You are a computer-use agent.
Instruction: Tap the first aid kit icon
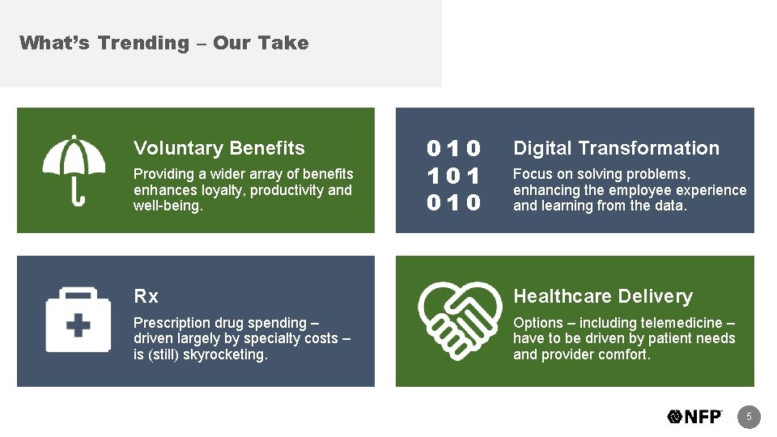pyautogui.click(x=78, y=320)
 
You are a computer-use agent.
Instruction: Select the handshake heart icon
pyautogui.click(x=453, y=320)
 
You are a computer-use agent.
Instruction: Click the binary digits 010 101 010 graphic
pyautogui.click(x=454, y=175)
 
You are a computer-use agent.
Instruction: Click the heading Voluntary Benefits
pyautogui.click(x=219, y=148)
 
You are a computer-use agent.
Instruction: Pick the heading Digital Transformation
pyautogui.click(x=616, y=148)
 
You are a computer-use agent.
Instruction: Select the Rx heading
pyautogui.click(x=146, y=296)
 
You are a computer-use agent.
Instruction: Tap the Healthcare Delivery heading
pyautogui.click(x=603, y=296)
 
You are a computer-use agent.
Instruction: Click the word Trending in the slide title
pyautogui.click(x=142, y=43)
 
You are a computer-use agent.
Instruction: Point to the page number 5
pyautogui.click(x=749, y=417)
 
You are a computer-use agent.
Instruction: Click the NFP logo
pyautogui.click(x=695, y=417)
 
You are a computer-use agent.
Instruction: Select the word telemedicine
pyautogui.click(x=681, y=323)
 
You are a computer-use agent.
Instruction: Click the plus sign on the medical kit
pyautogui.click(x=78, y=326)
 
